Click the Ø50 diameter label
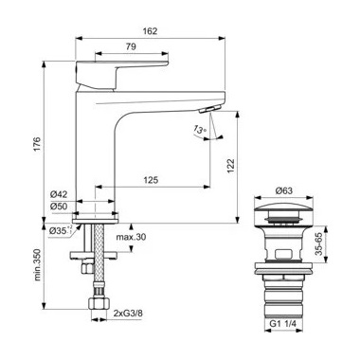coord(59,207)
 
